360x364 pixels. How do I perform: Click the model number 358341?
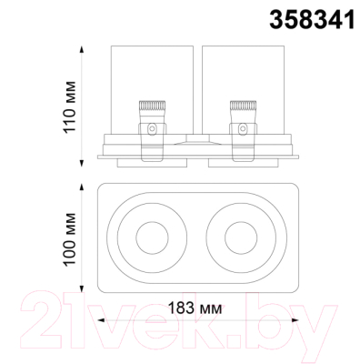point(312,19)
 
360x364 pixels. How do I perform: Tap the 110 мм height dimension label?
point(69,106)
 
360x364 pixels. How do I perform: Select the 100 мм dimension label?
point(69,239)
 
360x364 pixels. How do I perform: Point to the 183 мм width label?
point(195,308)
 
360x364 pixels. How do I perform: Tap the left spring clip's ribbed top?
point(152,106)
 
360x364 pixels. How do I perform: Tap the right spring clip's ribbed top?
point(243,106)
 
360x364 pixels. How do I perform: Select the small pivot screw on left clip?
point(152,128)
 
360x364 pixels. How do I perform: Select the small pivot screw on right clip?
point(243,128)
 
